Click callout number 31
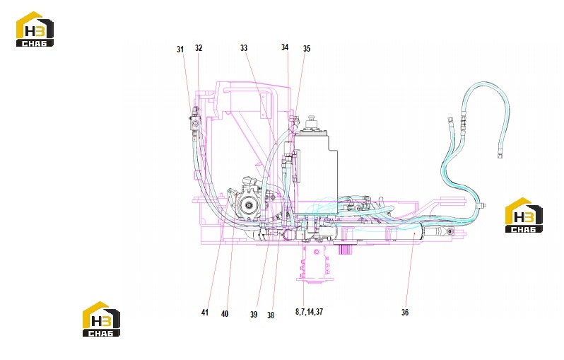point(180,50)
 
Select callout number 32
point(199,48)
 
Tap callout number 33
point(244,48)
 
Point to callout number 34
point(285,47)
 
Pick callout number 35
point(307,49)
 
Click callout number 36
point(405,313)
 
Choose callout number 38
point(271,315)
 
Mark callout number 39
point(254,315)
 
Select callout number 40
point(225,314)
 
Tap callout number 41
point(205,313)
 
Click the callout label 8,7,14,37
point(309,312)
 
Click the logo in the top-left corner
point(35,29)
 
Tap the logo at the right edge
point(524,215)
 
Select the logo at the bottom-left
point(102,319)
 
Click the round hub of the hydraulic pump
point(248,206)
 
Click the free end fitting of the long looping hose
point(500,155)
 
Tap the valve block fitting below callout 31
point(195,121)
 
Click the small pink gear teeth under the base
point(346,249)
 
